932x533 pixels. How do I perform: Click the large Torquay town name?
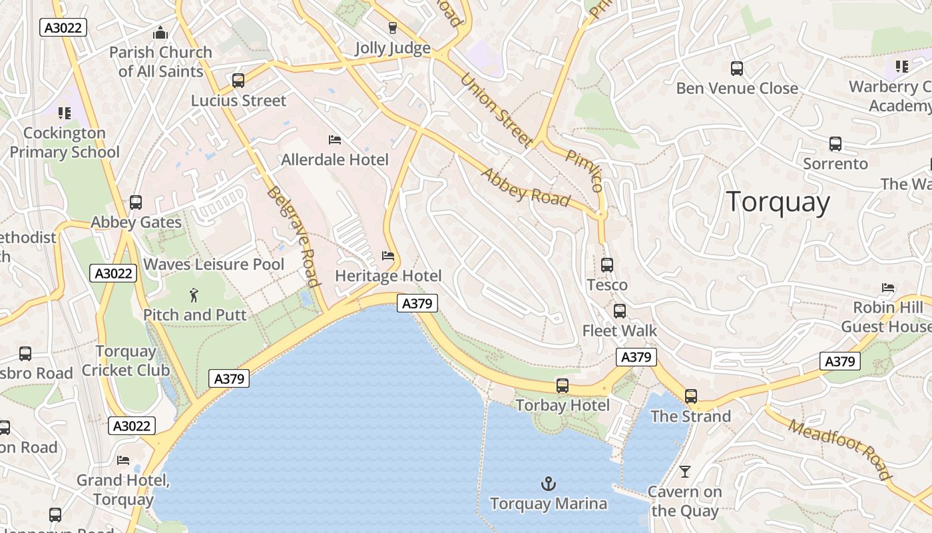778,202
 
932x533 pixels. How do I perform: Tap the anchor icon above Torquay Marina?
549,484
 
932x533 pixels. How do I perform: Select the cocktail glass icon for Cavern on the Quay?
684,472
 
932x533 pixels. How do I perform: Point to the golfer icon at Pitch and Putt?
194,294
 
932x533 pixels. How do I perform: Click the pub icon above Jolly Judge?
392,28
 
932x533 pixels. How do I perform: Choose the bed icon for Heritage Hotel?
387,256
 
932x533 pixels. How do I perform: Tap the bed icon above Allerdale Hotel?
335,140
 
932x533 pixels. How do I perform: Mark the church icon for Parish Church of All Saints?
160,32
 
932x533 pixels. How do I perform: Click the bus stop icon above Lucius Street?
238,81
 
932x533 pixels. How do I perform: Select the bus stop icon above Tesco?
606,265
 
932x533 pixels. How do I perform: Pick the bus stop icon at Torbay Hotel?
563,386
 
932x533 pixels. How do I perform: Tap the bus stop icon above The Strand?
690,396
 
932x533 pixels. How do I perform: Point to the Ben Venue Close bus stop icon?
736,69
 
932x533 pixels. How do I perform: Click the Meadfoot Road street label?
839,449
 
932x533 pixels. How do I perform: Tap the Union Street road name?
497,110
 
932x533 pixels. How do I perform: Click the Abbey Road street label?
526,187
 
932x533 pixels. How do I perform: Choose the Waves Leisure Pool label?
214,265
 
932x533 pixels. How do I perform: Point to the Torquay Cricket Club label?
126,360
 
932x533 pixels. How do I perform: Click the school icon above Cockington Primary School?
64,113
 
